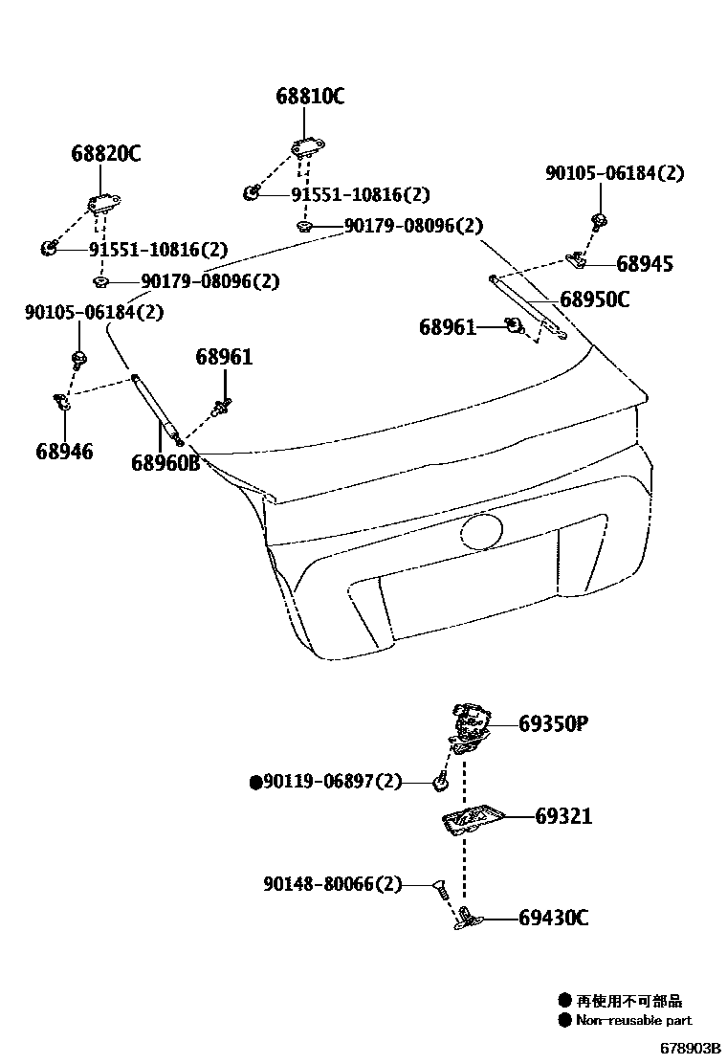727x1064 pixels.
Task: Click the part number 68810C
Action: tap(310, 97)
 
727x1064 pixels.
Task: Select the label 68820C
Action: tap(105, 153)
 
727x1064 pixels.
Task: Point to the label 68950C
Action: tap(594, 300)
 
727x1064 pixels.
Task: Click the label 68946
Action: tap(65, 452)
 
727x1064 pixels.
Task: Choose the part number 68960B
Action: tap(165, 462)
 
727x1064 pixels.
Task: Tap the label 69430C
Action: tap(554, 919)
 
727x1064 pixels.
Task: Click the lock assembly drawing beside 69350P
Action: tap(469, 726)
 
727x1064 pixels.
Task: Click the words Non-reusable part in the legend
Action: tap(633, 1021)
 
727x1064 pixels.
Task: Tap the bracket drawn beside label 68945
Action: tap(577, 259)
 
